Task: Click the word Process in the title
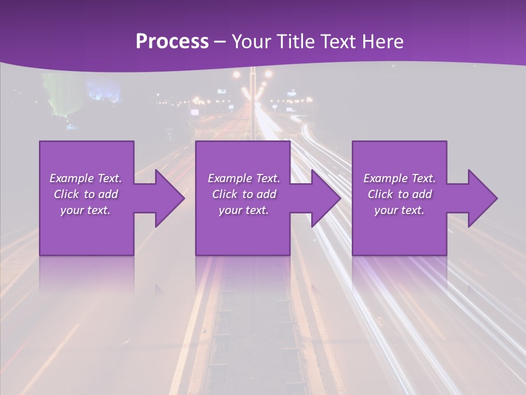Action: (172, 41)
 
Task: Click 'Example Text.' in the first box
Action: (85, 178)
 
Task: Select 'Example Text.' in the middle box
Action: (244, 178)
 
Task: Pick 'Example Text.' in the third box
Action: (399, 178)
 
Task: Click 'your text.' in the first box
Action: (85, 210)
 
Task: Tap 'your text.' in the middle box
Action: (244, 210)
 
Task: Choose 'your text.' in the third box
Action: (399, 210)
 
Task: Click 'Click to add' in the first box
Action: (85, 194)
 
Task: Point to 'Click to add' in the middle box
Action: (244, 194)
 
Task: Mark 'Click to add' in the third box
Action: (399, 194)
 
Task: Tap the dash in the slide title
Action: (220, 42)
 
